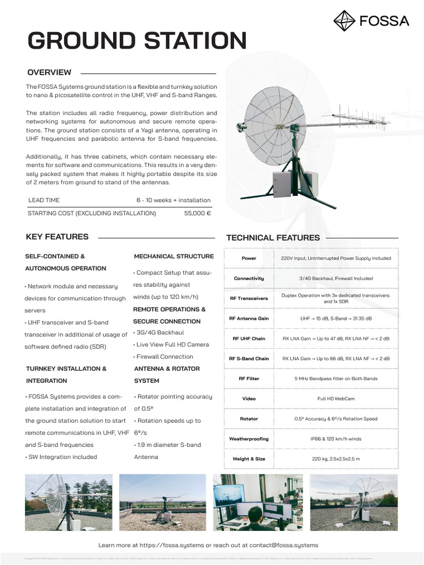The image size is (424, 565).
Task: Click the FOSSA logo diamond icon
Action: (x=345, y=21)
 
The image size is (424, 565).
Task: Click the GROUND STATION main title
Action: (x=137, y=41)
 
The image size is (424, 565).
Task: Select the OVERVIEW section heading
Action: (x=49, y=72)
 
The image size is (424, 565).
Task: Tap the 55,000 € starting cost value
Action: (x=198, y=213)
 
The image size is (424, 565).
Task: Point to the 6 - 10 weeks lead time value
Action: (x=173, y=200)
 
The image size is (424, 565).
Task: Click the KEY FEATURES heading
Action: (x=57, y=237)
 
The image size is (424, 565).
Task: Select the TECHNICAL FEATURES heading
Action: (x=273, y=238)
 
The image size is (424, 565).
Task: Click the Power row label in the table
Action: (x=249, y=258)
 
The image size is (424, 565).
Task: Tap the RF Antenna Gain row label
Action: (x=249, y=318)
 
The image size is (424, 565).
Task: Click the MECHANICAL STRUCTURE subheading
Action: (x=174, y=257)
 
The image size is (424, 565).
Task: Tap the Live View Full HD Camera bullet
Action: (x=172, y=345)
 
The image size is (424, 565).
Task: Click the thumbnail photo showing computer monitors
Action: (x=258, y=502)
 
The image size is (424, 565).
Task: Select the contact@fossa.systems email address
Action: (x=283, y=545)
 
